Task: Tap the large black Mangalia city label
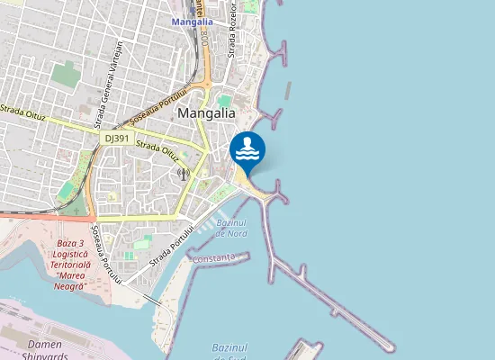(206, 113)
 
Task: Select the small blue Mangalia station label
(192, 21)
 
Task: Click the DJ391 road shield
(117, 139)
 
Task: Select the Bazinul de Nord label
(231, 228)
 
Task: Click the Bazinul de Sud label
(229, 352)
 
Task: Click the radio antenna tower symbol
(184, 173)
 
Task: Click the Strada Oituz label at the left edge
(22, 113)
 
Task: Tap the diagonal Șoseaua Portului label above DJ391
(158, 105)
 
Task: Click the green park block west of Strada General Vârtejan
(65, 75)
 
